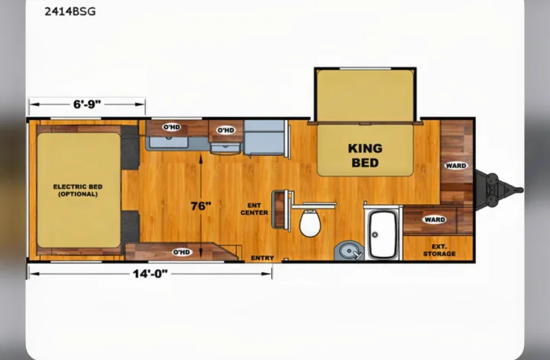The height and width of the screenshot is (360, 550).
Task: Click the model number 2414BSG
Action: (70, 11)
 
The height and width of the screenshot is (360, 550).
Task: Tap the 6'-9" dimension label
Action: (87, 104)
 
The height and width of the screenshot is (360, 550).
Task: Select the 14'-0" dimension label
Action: (150, 274)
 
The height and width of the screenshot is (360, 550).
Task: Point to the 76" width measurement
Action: (201, 206)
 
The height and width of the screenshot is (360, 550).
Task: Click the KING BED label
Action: (365, 155)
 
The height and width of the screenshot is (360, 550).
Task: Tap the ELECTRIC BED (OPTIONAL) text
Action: (78, 190)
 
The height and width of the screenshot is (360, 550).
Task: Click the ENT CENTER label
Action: (254, 209)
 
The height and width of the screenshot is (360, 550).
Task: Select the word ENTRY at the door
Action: (262, 258)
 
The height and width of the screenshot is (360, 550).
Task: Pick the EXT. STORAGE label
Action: (439, 250)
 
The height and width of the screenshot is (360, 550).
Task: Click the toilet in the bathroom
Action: (310, 222)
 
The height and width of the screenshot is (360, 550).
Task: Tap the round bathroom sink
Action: (348, 251)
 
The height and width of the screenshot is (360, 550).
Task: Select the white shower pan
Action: (383, 234)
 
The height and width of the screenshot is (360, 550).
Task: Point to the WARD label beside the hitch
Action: (456, 166)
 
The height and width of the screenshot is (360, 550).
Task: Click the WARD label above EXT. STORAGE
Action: (435, 219)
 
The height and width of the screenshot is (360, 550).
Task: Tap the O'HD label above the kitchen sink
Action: (172, 127)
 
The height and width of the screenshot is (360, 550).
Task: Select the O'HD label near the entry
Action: (182, 252)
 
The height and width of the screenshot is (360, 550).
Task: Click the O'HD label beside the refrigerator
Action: (226, 130)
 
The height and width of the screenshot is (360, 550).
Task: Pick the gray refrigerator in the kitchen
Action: (265, 137)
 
